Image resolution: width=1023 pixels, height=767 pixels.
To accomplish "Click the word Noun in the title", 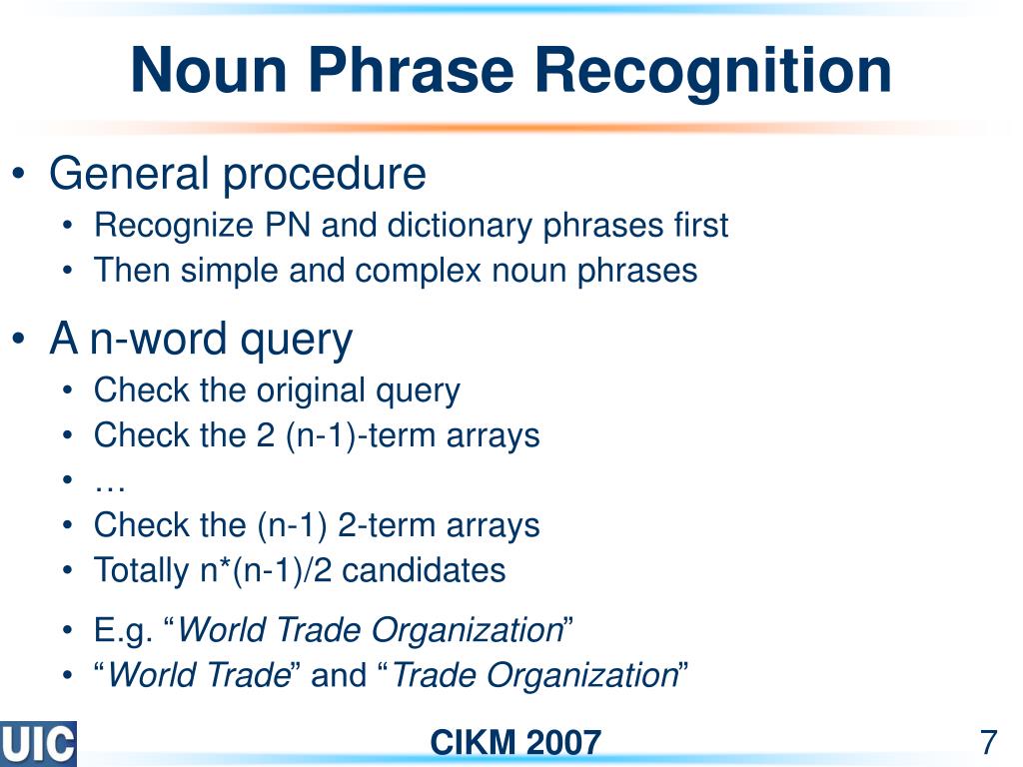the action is [209, 70].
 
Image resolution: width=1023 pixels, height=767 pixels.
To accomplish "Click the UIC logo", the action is [38, 743].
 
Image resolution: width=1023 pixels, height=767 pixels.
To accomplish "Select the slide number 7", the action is [988, 742].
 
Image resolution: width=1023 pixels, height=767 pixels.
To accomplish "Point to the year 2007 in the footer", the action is [563, 743].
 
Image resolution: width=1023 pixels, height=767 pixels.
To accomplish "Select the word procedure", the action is [325, 176].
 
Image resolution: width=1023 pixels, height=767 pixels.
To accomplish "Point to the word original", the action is [311, 391].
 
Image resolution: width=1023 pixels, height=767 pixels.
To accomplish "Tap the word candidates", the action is [424, 570].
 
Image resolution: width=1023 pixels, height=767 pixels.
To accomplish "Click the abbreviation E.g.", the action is [123, 631].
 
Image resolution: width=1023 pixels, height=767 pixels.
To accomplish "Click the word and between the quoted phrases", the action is [339, 674].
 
